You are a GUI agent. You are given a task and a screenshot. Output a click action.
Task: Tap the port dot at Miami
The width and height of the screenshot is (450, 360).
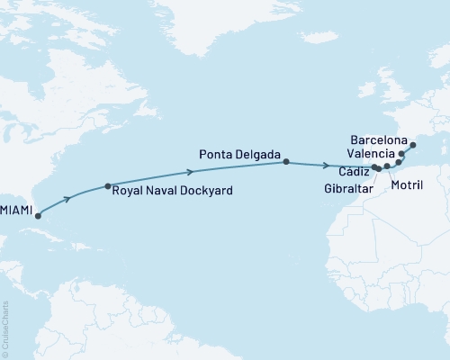coord(38,216)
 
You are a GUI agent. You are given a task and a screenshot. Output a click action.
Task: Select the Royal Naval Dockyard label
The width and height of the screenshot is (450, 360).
coord(174,190)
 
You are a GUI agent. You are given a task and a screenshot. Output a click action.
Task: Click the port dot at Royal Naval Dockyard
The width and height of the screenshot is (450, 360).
coord(108,186)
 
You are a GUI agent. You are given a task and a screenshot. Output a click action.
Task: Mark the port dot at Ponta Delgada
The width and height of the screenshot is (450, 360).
coord(286,162)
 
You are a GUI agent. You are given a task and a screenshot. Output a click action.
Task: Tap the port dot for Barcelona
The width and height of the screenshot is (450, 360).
coord(413,145)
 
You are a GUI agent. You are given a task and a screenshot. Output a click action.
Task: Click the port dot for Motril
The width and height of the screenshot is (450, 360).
coord(387,166)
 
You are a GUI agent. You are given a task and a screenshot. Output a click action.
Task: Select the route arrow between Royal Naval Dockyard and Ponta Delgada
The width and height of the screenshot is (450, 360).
coord(191,171)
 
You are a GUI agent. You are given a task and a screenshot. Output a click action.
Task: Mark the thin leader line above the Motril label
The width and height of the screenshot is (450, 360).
coord(390,173)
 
